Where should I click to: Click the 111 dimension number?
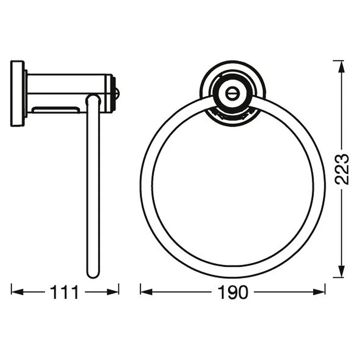(x=64, y=292)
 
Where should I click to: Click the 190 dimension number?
(x=233, y=292)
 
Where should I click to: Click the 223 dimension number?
(x=342, y=169)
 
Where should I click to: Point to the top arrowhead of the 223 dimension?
(x=342, y=67)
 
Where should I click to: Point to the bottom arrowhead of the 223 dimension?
(x=342, y=271)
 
